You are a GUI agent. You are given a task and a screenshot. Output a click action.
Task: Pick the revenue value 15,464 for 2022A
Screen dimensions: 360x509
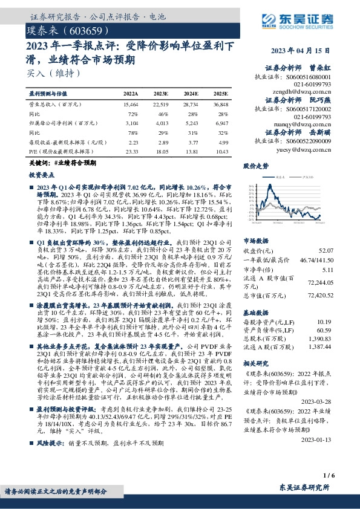click(131, 105)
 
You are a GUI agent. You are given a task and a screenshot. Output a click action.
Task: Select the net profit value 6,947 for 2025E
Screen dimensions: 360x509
click(220, 123)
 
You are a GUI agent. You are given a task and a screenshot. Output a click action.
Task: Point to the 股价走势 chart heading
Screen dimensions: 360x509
click(255, 165)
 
